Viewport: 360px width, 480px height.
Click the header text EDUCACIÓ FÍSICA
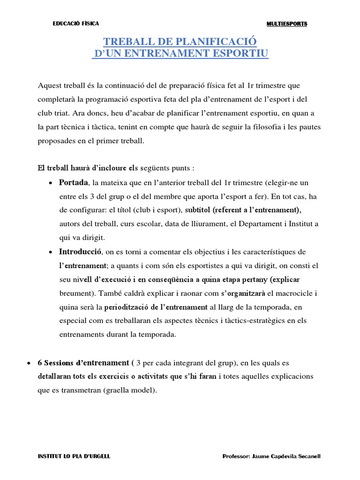[75, 24]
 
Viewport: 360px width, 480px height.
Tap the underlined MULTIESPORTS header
[287, 24]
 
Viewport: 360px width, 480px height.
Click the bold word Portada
[73, 182]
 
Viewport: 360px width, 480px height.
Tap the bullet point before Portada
[50, 183]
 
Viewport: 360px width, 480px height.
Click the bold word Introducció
[80, 252]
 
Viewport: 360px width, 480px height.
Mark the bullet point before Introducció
[50, 252]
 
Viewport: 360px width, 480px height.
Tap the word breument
[76, 293]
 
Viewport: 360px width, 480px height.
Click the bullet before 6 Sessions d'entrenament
[29, 363]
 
